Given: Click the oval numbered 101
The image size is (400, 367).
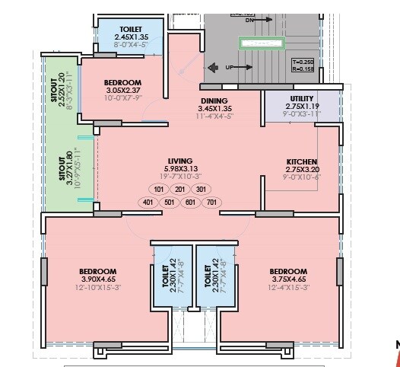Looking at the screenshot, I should [158, 190].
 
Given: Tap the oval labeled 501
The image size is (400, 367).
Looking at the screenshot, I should [169, 202].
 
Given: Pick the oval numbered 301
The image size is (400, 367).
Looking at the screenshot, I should [201, 190].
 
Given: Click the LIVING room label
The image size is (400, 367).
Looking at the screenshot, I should [179, 161].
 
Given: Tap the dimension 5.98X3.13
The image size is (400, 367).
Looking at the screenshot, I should [179, 168].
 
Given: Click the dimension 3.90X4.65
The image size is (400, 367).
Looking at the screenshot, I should [97, 279].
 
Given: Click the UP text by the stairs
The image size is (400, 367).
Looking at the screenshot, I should [227, 67].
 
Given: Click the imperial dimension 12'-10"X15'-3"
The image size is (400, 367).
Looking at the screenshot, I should [97, 287].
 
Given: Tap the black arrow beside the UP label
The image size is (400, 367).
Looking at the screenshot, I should [215, 67].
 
